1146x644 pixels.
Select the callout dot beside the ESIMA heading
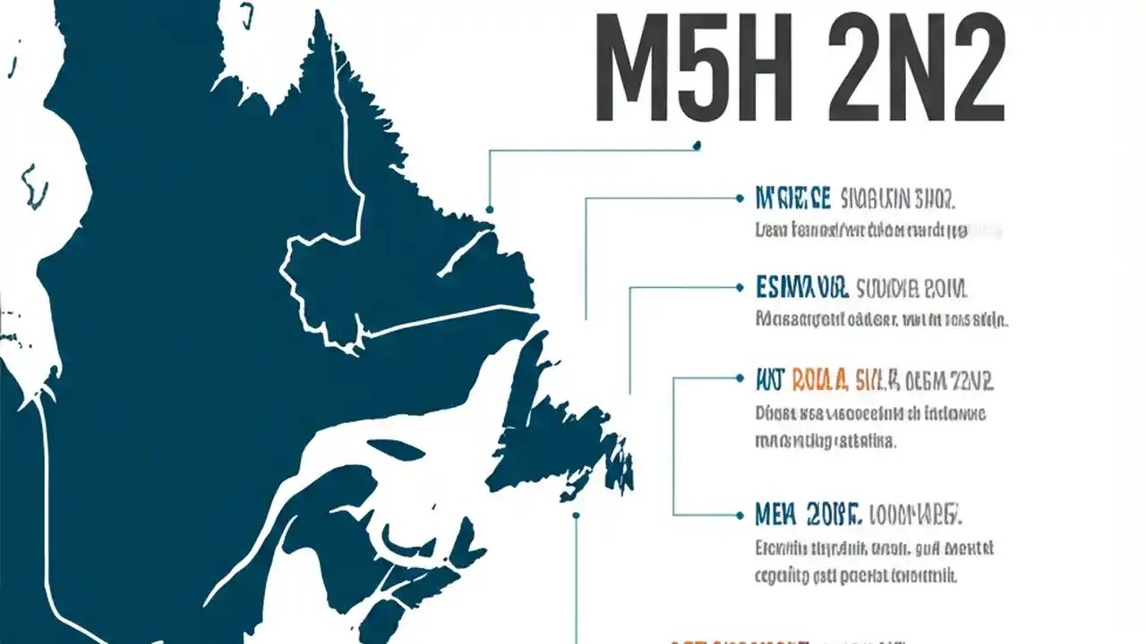tap(740, 288)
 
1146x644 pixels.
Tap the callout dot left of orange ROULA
tap(740, 378)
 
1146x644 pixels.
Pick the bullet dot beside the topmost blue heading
tap(740, 197)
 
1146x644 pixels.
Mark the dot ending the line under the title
tap(697, 145)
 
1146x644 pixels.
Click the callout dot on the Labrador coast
tap(490, 209)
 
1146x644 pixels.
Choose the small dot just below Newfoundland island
tap(576, 515)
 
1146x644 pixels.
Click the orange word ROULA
tap(818, 380)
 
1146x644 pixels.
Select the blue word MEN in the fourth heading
tap(775, 515)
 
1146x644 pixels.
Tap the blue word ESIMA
tap(801, 289)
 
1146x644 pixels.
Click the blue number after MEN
tap(834, 515)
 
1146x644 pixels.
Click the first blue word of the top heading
tap(793, 197)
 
